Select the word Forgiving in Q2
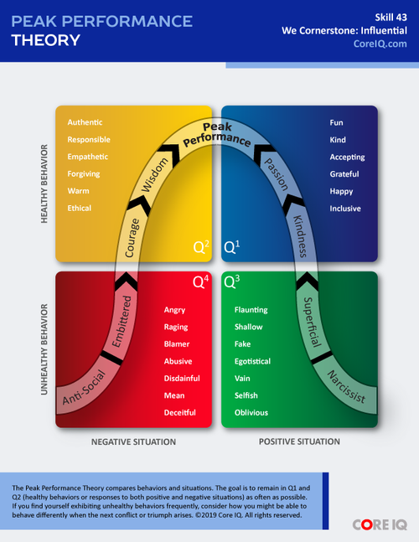84,174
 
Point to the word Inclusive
346,209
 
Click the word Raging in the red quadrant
178,328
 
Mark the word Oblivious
251,412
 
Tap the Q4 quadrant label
201,282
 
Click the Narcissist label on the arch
345,388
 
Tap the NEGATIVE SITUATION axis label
132,441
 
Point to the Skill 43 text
390,16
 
